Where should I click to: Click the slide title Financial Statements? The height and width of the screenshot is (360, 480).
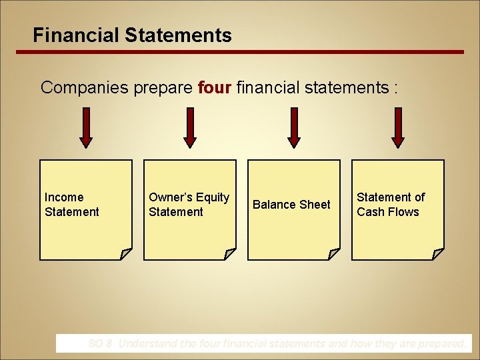[132, 35]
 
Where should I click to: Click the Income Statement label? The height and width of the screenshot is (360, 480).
[71, 205]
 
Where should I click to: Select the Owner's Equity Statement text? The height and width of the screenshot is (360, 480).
[189, 205]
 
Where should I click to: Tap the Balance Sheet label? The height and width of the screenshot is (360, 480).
[291, 205]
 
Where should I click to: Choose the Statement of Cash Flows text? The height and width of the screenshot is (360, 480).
[390, 205]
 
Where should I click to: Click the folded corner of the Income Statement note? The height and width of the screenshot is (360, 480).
[125, 253]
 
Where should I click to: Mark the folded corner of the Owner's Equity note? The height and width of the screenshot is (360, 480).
[229, 253]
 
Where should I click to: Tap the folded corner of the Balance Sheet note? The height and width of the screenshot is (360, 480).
[333, 253]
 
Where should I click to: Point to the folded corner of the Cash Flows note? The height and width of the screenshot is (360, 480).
[437, 253]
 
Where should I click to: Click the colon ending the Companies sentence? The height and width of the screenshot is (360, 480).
[395, 89]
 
